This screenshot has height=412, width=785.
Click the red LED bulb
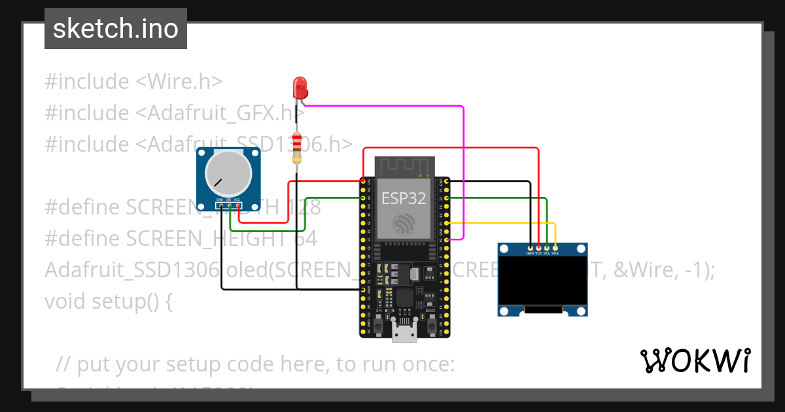point(300,87)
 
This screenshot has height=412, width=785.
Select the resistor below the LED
point(298,148)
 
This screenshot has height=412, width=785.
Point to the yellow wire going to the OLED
point(510,224)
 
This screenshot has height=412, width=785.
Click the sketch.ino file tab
point(116,29)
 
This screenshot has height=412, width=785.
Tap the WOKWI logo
point(695,360)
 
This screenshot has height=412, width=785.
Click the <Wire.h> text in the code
point(179,82)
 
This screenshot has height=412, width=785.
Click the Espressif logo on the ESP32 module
point(404,224)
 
